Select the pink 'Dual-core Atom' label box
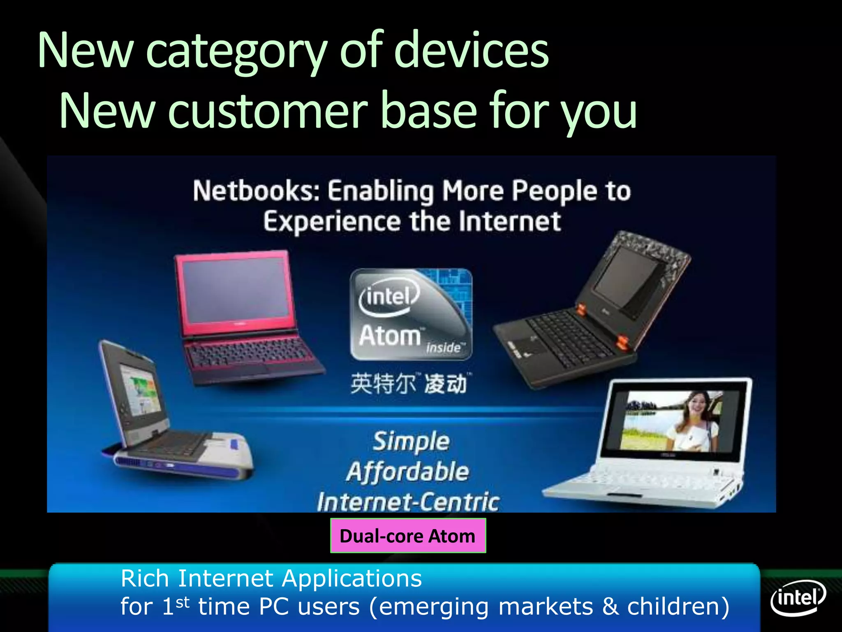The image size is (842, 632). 408,536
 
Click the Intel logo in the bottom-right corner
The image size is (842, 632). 798,597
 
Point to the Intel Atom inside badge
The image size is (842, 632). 411,315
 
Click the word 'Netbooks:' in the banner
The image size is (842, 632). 256,191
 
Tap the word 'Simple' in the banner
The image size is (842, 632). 411,442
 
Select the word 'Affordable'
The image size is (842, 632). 407,472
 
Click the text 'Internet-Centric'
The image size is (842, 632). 408,502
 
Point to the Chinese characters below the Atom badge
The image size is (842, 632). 409,383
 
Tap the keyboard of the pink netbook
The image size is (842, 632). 249,352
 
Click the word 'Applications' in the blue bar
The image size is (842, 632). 352,579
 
